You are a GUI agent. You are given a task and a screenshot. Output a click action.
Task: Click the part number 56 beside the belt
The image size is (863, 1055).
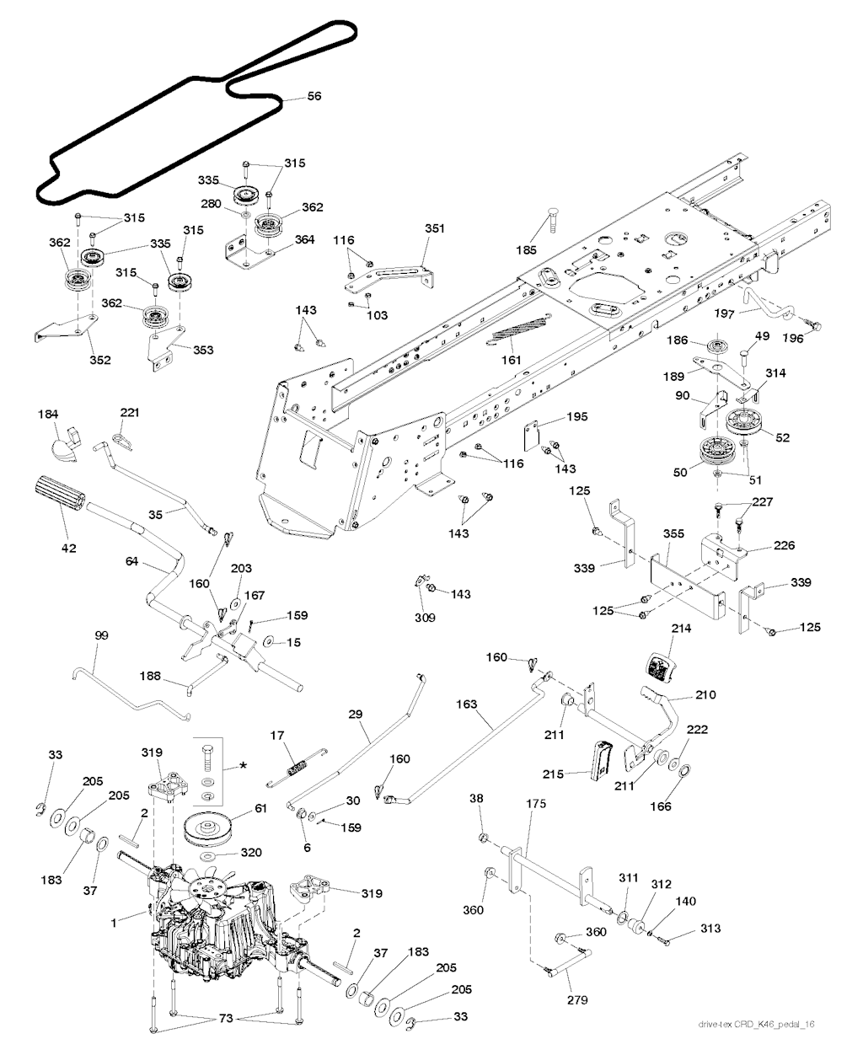[x=314, y=97]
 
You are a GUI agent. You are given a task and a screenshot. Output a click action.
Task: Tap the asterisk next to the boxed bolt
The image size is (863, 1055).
[x=244, y=764]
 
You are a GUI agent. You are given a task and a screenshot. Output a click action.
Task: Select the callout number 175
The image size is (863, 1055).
[x=536, y=805]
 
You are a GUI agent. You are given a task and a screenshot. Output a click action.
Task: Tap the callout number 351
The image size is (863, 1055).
[x=434, y=228]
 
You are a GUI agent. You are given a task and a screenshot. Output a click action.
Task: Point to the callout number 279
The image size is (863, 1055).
[x=578, y=1000]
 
